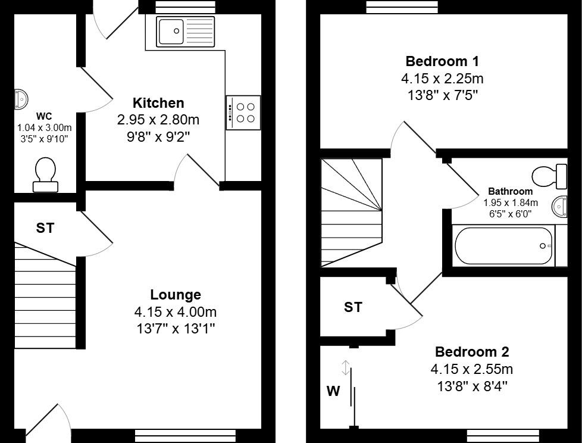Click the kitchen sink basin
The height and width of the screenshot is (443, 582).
pos(171,31)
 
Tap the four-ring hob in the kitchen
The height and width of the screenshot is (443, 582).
pos(243,113)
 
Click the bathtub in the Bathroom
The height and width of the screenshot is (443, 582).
pos(503,246)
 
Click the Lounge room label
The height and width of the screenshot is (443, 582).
pos(176,295)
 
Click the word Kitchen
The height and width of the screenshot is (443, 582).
pos(158,103)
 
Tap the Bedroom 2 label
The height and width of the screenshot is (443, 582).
pos(471,352)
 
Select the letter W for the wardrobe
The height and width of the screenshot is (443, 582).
pos(333,391)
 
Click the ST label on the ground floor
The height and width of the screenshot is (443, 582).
pos(45,228)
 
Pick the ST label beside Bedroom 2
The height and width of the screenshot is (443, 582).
pos(353,307)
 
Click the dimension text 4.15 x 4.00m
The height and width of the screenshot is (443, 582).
pos(176,312)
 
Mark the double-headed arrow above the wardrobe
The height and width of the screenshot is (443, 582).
pos(345,367)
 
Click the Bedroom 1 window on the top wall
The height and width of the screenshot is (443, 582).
pos(402,7)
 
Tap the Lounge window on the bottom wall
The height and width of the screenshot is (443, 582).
pos(185,436)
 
